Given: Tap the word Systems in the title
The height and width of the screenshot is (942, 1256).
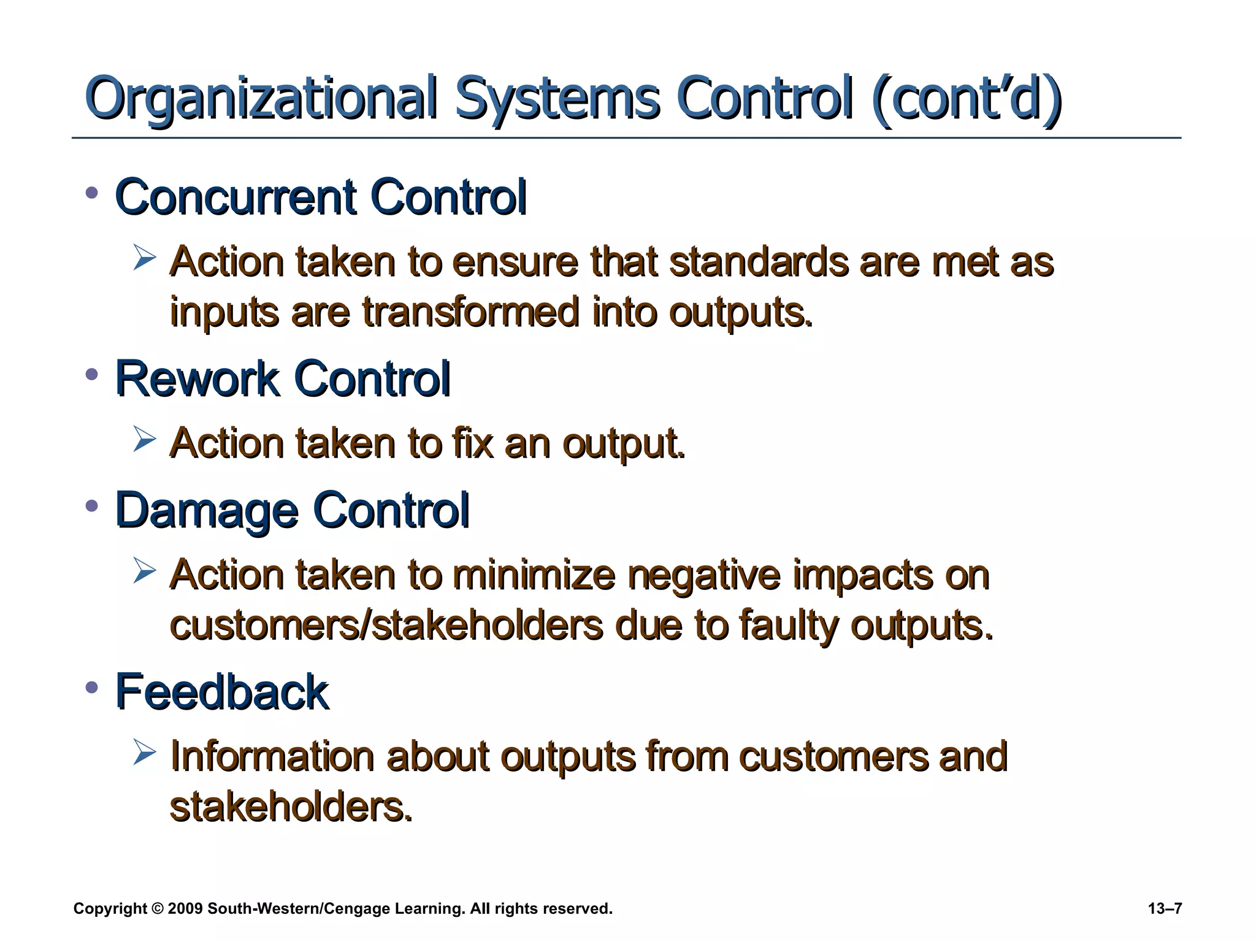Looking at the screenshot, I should click(x=557, y=98).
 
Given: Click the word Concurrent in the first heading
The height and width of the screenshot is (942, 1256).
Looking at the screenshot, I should click(x=235, y=197).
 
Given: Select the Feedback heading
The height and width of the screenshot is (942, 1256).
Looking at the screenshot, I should click(x=222, y=692).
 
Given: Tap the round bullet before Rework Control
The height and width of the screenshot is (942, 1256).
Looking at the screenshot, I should click(x=93, y=374).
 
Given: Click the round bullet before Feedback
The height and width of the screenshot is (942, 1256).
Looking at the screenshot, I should click(x=93, y=687).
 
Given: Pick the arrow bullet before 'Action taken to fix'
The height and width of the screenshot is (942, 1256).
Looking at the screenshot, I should click(x=145, y=440).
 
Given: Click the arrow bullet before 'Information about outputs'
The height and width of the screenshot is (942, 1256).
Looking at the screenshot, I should click(x=145, y=752).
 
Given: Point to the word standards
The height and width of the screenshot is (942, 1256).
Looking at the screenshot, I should click(x=758, y=262).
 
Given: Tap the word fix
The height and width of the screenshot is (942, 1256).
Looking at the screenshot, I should click(x=472, y=443).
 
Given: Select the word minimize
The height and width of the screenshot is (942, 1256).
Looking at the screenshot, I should click(x=534, y=576).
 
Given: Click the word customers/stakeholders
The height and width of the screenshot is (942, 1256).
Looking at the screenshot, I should click(x=386, y=626).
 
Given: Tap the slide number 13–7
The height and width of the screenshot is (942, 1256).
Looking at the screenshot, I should click(x=1165, y=909).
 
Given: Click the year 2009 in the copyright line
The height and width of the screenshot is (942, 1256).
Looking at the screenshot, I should click(x=185, y=909).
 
